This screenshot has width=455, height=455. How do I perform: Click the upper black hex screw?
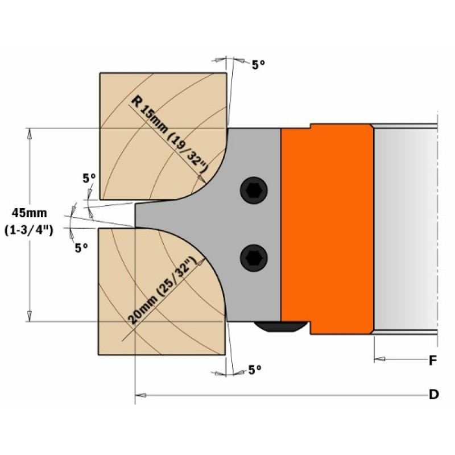(x=254, y=191)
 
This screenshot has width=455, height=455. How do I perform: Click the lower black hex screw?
(x=254, y=258)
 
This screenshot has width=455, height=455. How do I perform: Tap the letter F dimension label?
(x=433, y=361)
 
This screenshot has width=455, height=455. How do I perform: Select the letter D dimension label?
(x=433, y=394)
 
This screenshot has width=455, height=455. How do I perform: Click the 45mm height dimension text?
(x=30, y=213)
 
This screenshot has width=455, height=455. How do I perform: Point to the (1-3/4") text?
(x=29, y=231)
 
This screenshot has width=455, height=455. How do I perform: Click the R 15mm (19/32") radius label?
(x=169, y=134)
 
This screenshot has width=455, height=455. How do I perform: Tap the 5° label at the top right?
(x=258, y=65)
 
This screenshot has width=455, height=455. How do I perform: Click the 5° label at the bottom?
(x=255, y=370)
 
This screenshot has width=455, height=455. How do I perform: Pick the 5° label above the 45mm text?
(x=89, y=178)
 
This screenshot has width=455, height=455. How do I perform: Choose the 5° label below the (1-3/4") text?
(x=81, y=248)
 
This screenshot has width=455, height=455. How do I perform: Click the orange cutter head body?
(x=328, y=229)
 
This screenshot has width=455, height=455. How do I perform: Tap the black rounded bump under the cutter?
(x=280, y=326)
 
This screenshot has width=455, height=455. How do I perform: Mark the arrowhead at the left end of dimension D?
(x=140, y=395)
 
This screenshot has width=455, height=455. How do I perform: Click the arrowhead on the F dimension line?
(x=379, y=359)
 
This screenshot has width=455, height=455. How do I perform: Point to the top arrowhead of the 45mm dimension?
(x=30, y=134)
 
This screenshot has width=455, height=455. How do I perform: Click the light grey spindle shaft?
(x=406, y=229)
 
